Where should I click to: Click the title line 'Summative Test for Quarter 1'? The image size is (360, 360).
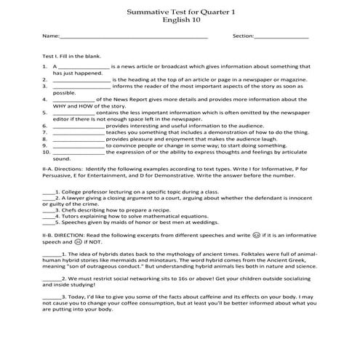click(180, 12)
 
